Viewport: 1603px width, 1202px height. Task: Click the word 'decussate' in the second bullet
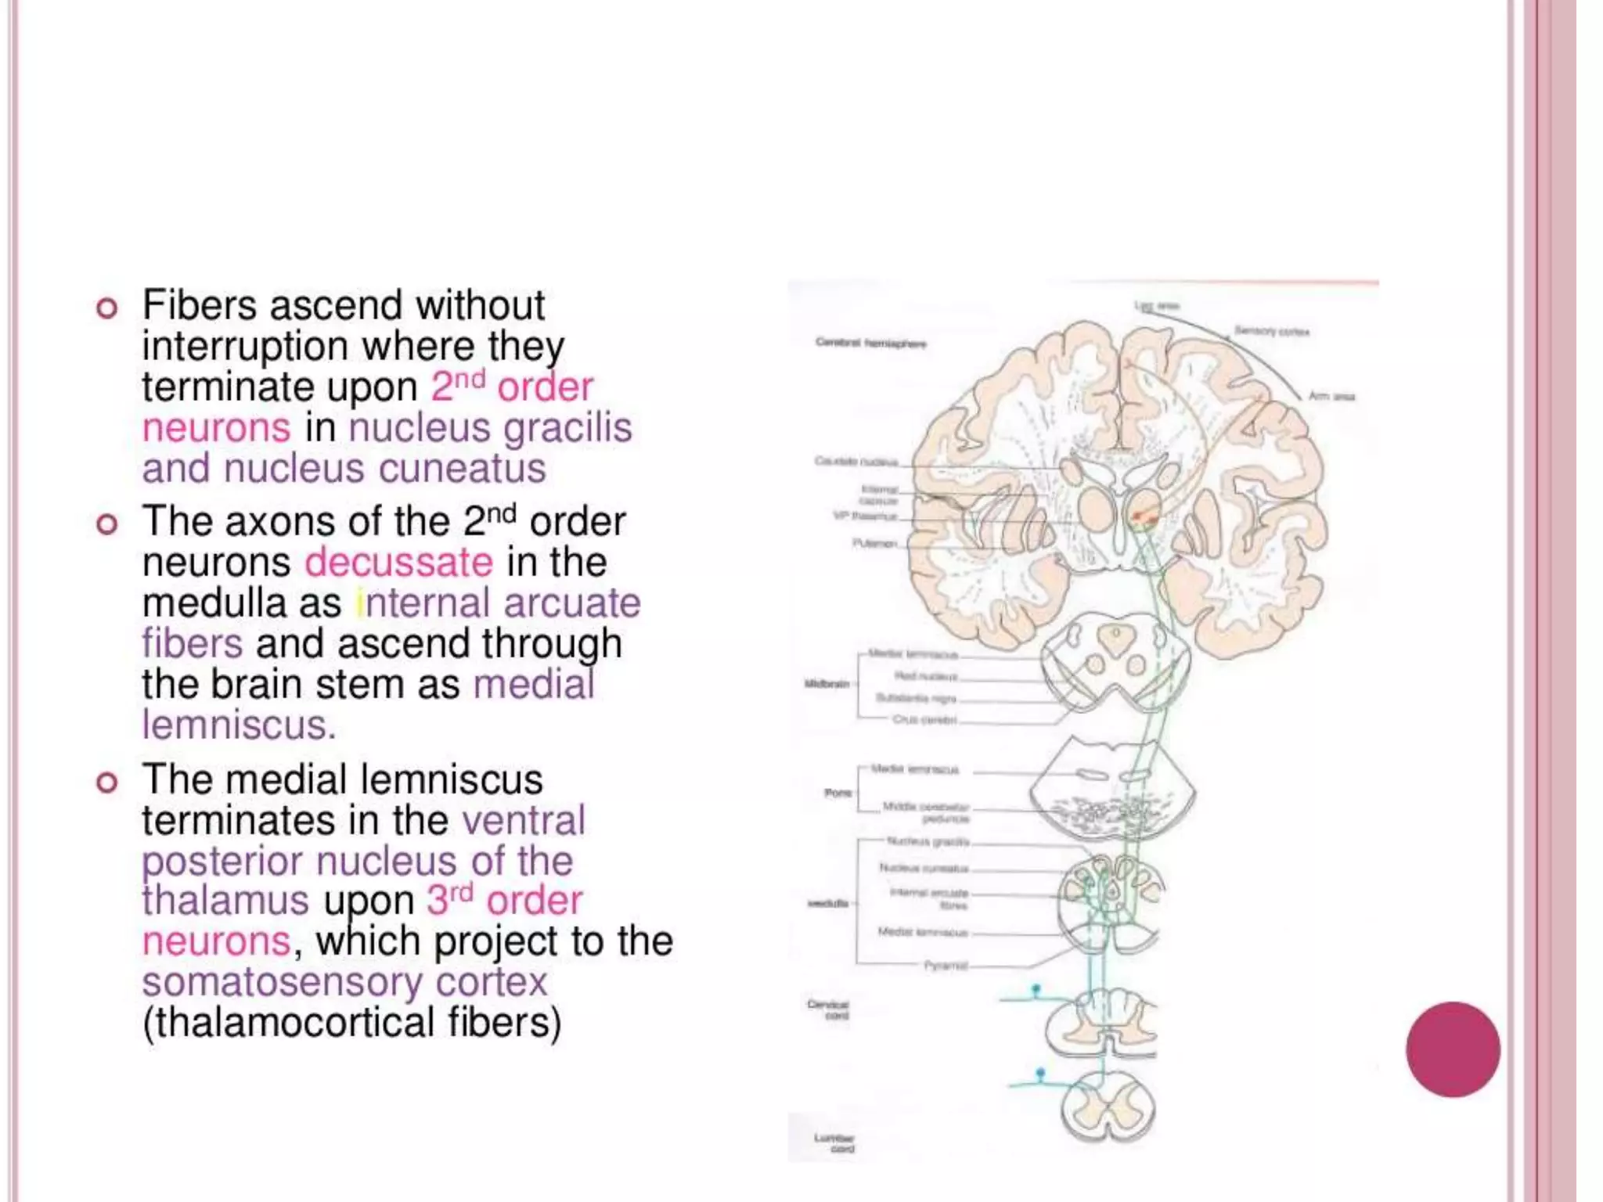pos(398,563)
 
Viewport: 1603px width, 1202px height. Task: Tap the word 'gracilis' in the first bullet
pos(567,428)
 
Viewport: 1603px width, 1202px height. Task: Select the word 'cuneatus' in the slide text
pos(463,469)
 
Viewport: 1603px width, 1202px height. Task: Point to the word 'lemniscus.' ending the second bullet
pos(239,725)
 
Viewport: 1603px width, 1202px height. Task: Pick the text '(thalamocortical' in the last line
pos(288,1023)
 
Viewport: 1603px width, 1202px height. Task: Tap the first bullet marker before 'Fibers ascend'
pos(107,308)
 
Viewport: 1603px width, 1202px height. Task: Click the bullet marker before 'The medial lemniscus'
pos(107,782)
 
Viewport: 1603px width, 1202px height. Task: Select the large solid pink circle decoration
pos(1453,1049)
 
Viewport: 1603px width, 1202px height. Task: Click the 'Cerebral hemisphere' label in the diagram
pos(870,343)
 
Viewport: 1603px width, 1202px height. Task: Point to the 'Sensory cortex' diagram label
pos(1272,332)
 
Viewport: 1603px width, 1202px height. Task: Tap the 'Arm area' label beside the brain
pos(1331,396)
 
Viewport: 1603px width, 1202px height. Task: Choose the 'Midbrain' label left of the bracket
pos(827,684)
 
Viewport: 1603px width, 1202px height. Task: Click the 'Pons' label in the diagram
pos(838,793)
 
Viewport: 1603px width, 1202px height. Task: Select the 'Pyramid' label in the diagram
pos(946,966)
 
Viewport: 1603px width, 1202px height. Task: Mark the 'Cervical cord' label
pos(828,1009)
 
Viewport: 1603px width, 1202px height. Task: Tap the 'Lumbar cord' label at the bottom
pos(834,1143)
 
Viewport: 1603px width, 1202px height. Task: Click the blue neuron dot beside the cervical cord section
pos(1036,990)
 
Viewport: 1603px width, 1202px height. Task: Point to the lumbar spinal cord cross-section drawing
pos(1108,1107)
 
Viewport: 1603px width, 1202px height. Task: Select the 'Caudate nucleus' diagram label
pos(856,462)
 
